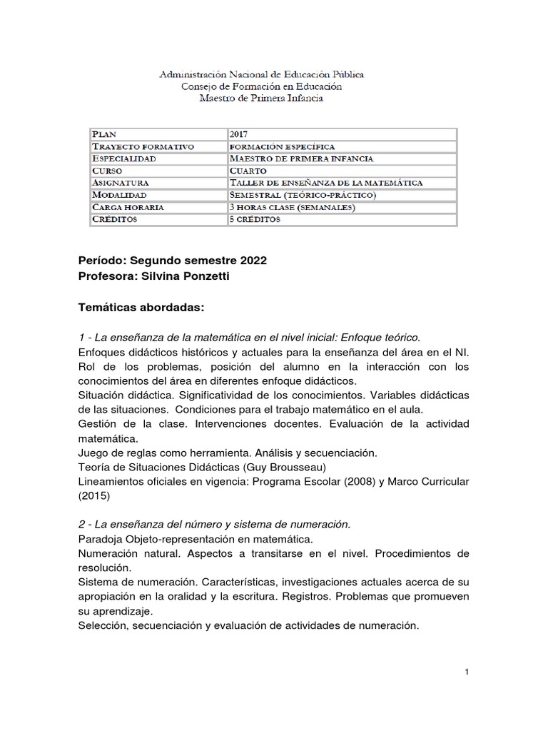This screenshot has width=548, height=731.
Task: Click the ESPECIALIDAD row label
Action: pyautogui.click(x=124, y=158)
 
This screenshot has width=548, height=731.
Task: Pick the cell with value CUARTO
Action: pyautogui.click(x=248, y=171)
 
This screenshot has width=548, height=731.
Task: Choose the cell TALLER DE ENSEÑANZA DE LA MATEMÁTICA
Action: pyautogui.click(x=326, y=183)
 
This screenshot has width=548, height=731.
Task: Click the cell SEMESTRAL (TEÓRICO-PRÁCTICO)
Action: pyautogui.click(x=303, y=195)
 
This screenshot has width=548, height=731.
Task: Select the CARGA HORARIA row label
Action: pyautogui.click(x=128, y=207)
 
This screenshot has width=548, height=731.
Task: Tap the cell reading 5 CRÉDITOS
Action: pyautogui.click(x=255, y=219)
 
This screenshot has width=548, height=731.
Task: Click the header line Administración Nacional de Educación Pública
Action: pyautogui.click(x=261, y=74)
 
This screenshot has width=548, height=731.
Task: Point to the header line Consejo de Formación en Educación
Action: pyautogui.click(x=261, y=86)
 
